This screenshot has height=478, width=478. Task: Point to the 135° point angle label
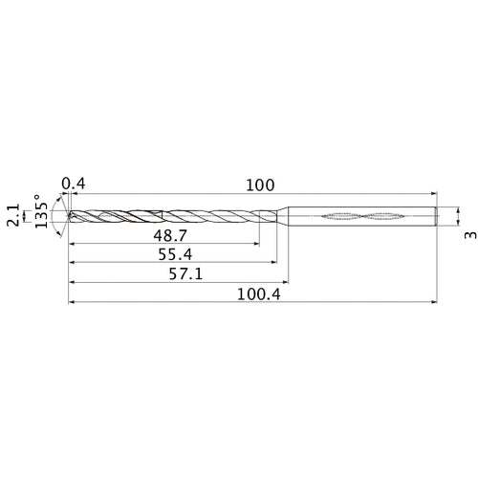coord(41,214)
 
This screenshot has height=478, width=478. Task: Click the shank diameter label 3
coord(467,234)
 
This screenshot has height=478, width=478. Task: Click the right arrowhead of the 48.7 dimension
coord(255,243)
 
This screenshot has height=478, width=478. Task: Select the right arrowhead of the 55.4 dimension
coord(274,263)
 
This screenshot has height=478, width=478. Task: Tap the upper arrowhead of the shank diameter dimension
coord(458,206)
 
